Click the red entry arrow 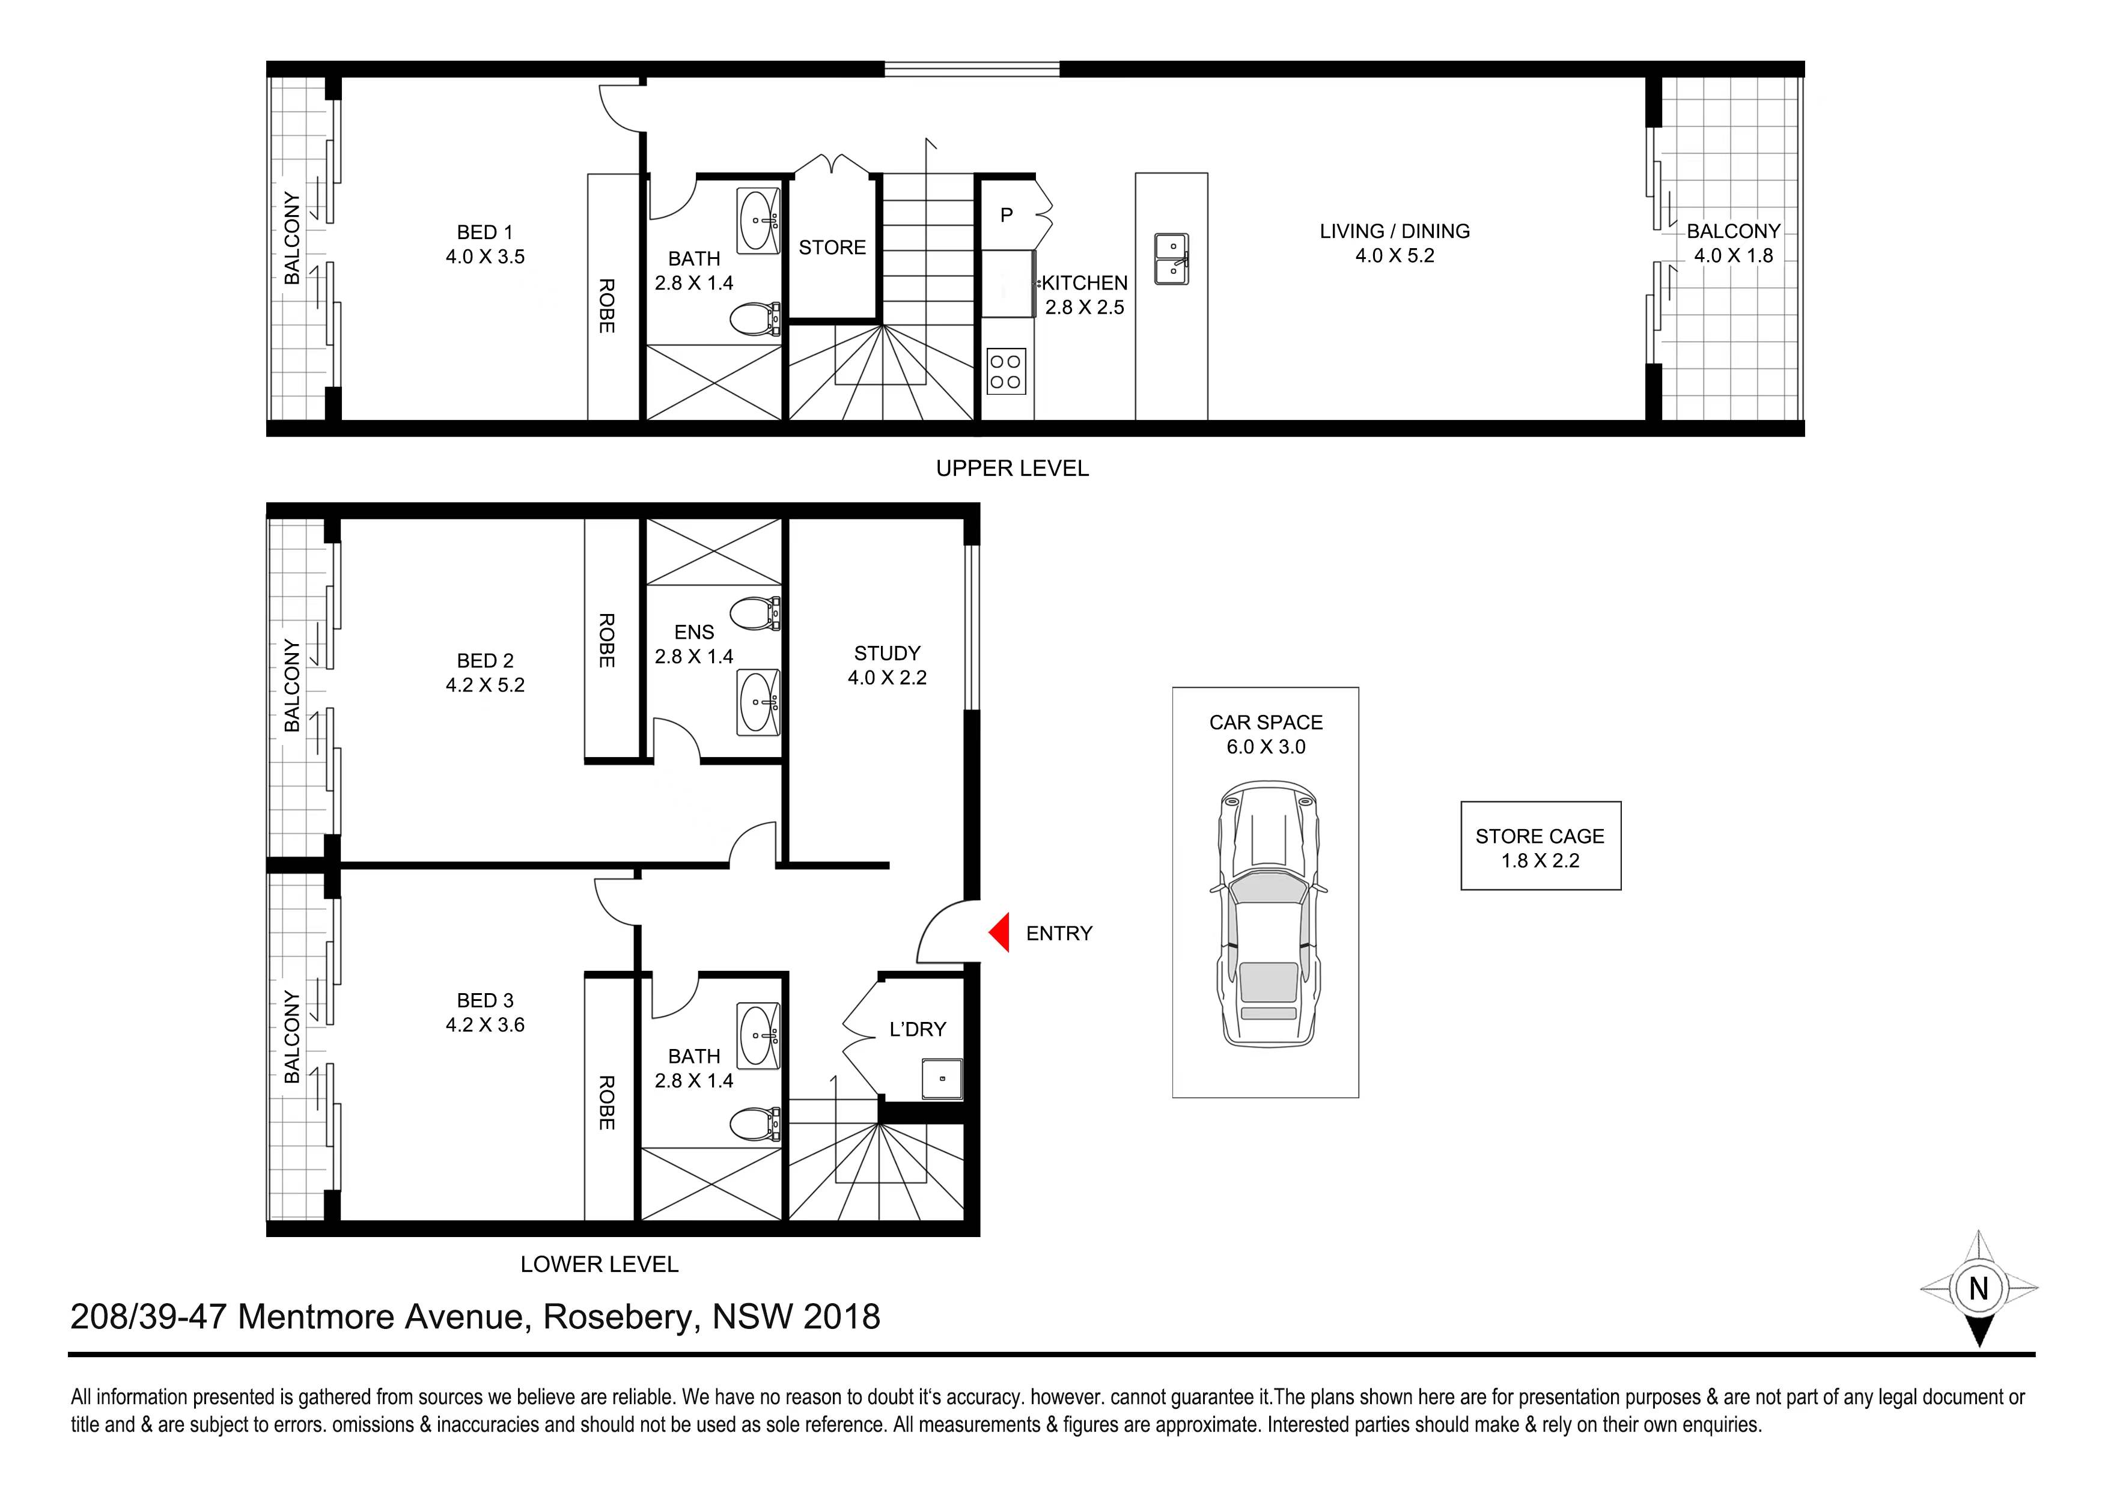pos(1000,932)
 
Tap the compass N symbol pos(1979,1288)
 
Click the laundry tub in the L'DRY pos(943,1078)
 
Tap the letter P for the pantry pos(1007,215)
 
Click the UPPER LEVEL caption pos(1013,468)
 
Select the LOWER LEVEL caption pos(600,1264)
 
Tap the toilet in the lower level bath pos(755,1123)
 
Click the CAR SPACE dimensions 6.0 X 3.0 pos(1266,746)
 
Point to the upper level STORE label pos(832,247)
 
